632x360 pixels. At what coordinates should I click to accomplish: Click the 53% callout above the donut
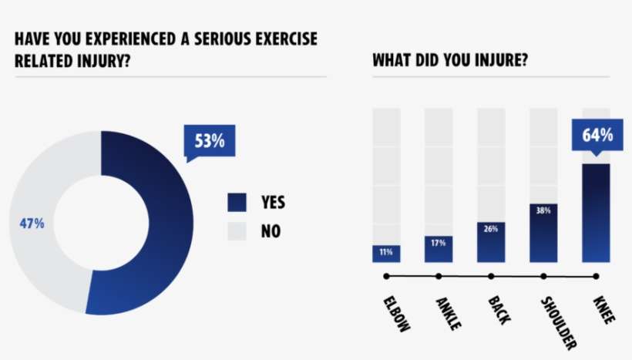tap(209, 141)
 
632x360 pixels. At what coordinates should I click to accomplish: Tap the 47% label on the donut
tap(32, 224)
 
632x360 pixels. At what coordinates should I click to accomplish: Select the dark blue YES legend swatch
tap(237, 202)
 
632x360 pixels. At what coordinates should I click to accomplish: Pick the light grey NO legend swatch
tap(237, 230)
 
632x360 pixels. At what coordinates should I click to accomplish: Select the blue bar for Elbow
tap(386, 254)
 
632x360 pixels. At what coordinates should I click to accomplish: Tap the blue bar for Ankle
tap(439, 249)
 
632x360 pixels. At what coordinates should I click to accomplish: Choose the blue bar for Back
tap(491, 242)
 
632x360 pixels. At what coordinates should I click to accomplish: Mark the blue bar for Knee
tap(596, 213)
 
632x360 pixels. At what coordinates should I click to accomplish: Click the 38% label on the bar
tap(543, 210)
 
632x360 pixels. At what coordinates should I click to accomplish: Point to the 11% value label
tap(386, 251)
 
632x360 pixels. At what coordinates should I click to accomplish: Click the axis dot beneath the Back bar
tap(491, 276)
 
